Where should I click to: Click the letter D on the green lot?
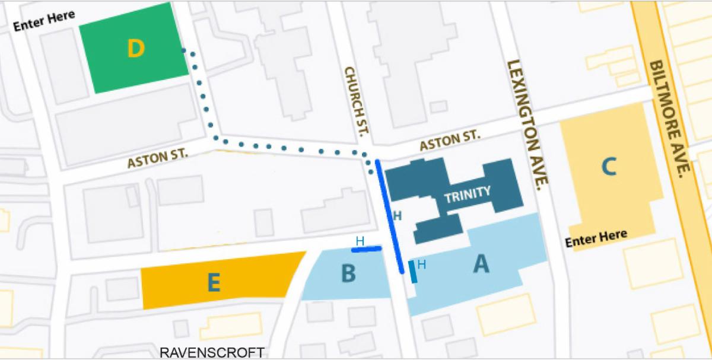(x=136, y=49)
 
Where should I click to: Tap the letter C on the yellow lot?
(x=608, y=166)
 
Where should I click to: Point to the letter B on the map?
(x=348, y=274)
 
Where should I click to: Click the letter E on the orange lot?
(x=214, y=283)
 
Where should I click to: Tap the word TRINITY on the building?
(x=468, y=193)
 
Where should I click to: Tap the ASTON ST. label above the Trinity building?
(x=449, y=141)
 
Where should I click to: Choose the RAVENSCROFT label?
(x=212, y=353)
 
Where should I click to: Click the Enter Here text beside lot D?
(x=44, y=21)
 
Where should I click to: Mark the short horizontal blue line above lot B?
(x=366, y=250)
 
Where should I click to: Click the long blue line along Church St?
(x=390, y=216)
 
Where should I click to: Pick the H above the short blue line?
(x=360, y=241)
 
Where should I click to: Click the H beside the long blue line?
(x=398, y=216)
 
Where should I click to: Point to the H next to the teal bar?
(x=421, y=265)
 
